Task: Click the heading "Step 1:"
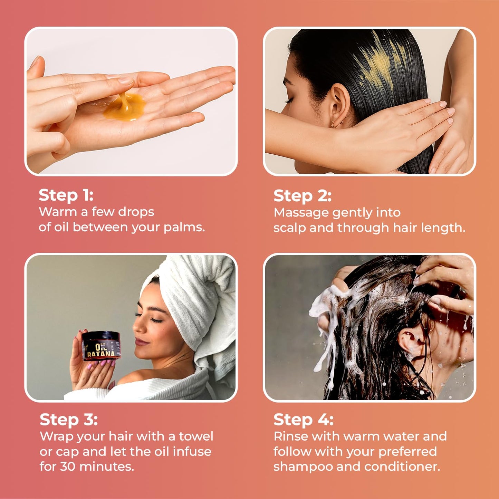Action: [66, 195]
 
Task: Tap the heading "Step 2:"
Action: [302, 196]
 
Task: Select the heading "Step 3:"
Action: [68, 420]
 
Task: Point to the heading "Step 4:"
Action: [303, 420]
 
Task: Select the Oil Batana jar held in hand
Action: [101, 345]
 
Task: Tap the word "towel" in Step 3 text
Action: [196, 436]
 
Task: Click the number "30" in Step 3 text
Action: [68, 467]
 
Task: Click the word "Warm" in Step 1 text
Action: [58, 212]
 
